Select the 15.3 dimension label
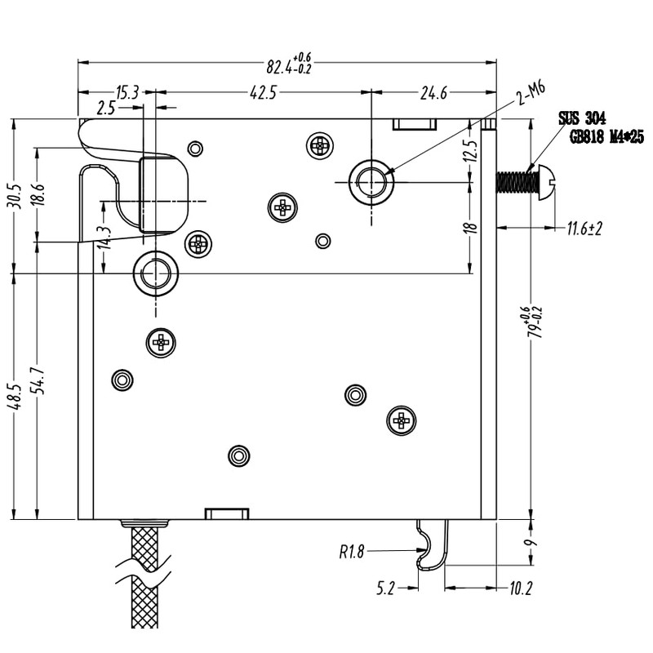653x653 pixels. (127, 92)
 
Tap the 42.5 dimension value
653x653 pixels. (262, 93)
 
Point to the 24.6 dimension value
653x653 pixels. (433, 93)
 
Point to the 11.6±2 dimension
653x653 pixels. (584, 229)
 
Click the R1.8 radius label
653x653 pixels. (351, 552)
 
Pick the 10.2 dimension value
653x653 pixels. (520, 587)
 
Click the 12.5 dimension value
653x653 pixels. (469, 152)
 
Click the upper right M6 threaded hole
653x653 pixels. (371, 180)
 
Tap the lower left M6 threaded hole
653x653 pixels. (155, 273)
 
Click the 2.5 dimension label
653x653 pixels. (106, 108)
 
